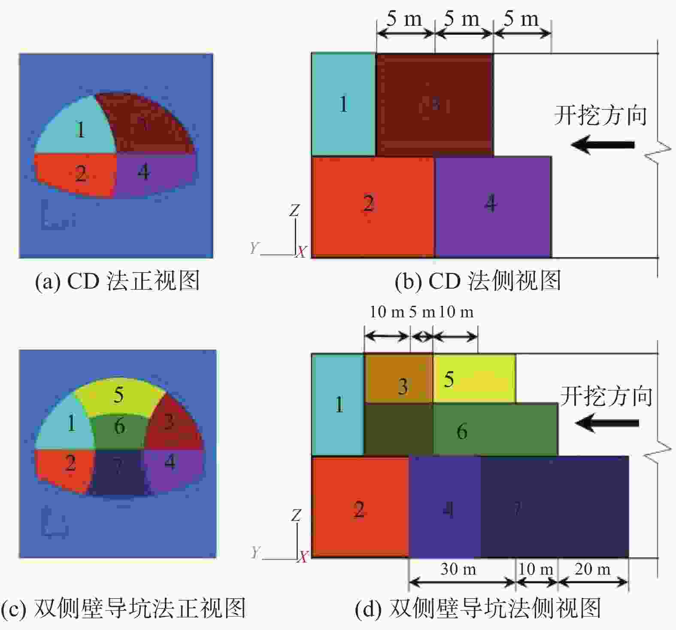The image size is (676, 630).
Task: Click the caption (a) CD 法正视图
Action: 117,281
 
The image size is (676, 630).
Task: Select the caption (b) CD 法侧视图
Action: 478,281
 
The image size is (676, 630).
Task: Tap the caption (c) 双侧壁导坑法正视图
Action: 123,609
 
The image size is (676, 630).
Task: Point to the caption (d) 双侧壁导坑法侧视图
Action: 478,609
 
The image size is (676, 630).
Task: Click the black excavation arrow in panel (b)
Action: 603,145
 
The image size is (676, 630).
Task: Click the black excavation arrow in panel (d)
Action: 607,423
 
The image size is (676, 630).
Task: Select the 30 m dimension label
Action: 458,569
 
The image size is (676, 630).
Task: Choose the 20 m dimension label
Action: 592,569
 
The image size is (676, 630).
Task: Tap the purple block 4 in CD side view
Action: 493,207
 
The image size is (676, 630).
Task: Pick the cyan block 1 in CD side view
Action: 343,104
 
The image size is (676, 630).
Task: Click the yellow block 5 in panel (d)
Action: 474,378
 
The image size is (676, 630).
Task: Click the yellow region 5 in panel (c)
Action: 119,397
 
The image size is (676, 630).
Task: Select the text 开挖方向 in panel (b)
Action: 600,115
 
